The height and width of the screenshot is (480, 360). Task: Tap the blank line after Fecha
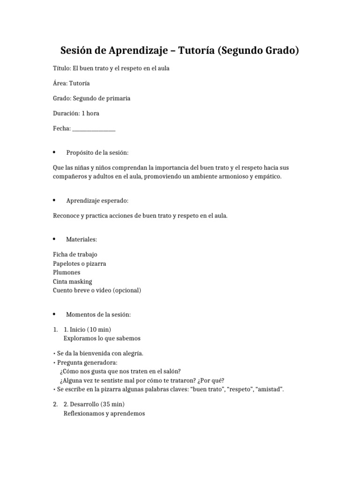pyautogui.click(x=94, y=129)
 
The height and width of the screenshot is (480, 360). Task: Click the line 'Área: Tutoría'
pyautogui.click(x=71, y=83)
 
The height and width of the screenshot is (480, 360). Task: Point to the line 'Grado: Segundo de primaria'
pyautogui.click(x=91, y=98)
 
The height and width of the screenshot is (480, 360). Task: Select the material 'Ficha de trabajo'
pyautogui.click(x=75, y=255)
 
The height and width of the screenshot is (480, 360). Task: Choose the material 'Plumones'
pyautogui.click(x=67, y=272)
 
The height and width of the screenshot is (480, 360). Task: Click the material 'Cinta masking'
pyautogui.click(x=72, y=281)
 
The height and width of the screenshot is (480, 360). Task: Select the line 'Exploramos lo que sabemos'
pyautogui.click(x=102, y=338)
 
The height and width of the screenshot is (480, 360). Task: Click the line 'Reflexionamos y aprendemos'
pyautogui.click(x=104, y=413)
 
